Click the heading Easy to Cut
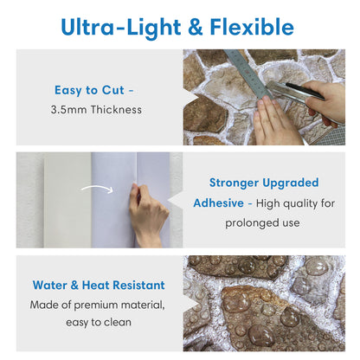[x=93, y=89]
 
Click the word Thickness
[x=118, y=110]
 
